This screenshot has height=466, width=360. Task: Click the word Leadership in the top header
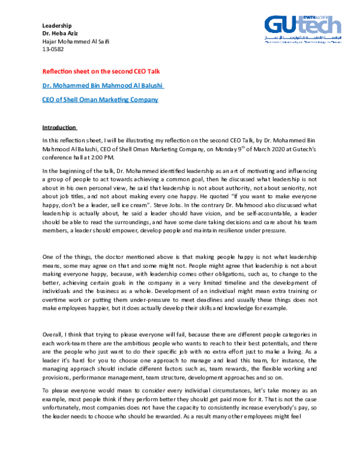(56, 25)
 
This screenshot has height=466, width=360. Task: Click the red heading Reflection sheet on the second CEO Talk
(100, 71)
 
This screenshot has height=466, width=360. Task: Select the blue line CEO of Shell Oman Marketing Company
(100, 99)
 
